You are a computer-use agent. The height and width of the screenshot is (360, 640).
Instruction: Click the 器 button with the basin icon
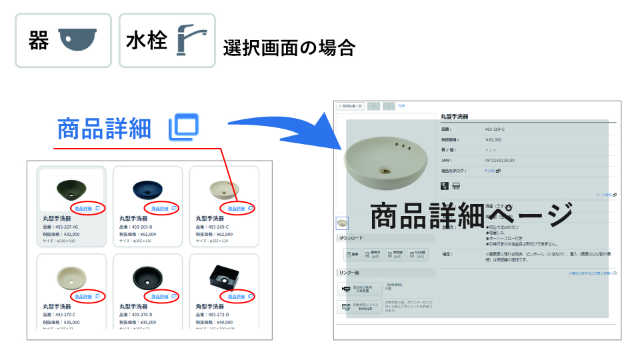tap(63, 40)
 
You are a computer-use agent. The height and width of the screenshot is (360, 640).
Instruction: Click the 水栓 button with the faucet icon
tap(167, 40)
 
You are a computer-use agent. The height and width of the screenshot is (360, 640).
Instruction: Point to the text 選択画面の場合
tap(289, 48)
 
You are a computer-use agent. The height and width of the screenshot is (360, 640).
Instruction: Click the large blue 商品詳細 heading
tap(105, 128)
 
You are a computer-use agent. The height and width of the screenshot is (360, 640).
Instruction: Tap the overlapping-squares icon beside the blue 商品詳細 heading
tap(183, 127)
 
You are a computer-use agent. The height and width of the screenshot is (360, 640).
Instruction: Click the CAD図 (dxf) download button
tap(418, 254)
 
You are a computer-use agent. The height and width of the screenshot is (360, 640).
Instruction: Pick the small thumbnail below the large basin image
tap(342, 223)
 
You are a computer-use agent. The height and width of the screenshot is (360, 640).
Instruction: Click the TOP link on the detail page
tap(401, 105)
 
